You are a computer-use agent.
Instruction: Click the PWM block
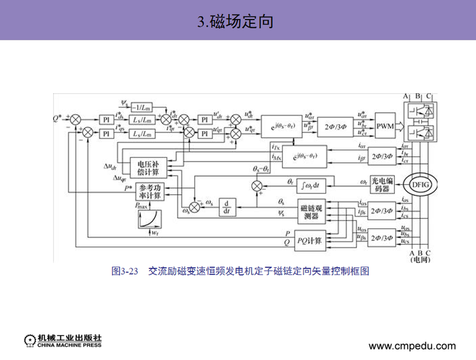[386, 126]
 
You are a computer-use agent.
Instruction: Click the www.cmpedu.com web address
[412, 346]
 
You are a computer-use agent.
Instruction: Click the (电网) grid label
[420, 260]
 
